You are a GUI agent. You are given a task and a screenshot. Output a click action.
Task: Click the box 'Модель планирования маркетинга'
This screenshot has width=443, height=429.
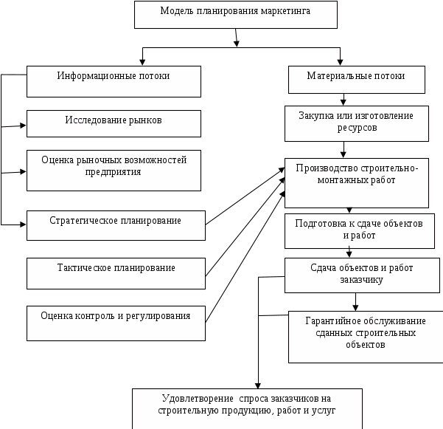[236, 15]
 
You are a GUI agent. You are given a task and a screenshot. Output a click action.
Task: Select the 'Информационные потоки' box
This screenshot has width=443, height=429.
[114, 81]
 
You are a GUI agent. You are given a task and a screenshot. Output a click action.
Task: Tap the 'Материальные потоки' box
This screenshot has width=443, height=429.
[357, 80]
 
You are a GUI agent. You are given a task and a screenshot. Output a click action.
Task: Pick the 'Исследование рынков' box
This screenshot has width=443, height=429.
[114, 123]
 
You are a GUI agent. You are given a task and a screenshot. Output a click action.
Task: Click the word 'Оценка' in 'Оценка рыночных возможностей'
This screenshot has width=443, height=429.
[58, 160]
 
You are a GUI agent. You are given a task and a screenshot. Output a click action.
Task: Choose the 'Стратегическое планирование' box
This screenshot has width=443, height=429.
[116, 225]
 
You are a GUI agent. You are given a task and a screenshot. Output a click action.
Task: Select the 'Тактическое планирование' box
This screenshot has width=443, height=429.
[116, 273]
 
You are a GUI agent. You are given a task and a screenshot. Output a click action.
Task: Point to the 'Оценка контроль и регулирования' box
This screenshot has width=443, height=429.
[116, 323]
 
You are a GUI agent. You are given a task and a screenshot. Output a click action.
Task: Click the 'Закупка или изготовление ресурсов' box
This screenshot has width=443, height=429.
[357, 123]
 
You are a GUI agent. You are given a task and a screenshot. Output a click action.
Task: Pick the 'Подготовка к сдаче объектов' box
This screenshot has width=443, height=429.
[360, 231]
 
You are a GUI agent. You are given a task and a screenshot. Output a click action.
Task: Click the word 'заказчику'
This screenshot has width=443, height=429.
[361, 280]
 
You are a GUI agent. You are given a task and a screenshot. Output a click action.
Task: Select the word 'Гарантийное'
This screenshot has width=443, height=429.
[333, 321]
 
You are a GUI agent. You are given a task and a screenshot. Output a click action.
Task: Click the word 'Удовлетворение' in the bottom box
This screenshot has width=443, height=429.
[198, 399]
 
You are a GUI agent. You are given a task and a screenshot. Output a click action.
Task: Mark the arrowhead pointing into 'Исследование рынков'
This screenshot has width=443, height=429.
[23, 126]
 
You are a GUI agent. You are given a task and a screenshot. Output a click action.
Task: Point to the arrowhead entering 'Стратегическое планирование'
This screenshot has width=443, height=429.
[23, 224]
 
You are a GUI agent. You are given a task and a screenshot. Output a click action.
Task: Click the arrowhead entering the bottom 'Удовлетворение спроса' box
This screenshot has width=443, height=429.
[258, 385]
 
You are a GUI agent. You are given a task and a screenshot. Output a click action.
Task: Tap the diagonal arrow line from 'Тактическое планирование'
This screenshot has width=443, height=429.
[245, 227]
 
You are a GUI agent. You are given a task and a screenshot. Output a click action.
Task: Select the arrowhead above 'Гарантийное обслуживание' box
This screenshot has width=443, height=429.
[355, 308]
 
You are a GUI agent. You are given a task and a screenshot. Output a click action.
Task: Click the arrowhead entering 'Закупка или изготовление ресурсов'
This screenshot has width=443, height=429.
[343, 102]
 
